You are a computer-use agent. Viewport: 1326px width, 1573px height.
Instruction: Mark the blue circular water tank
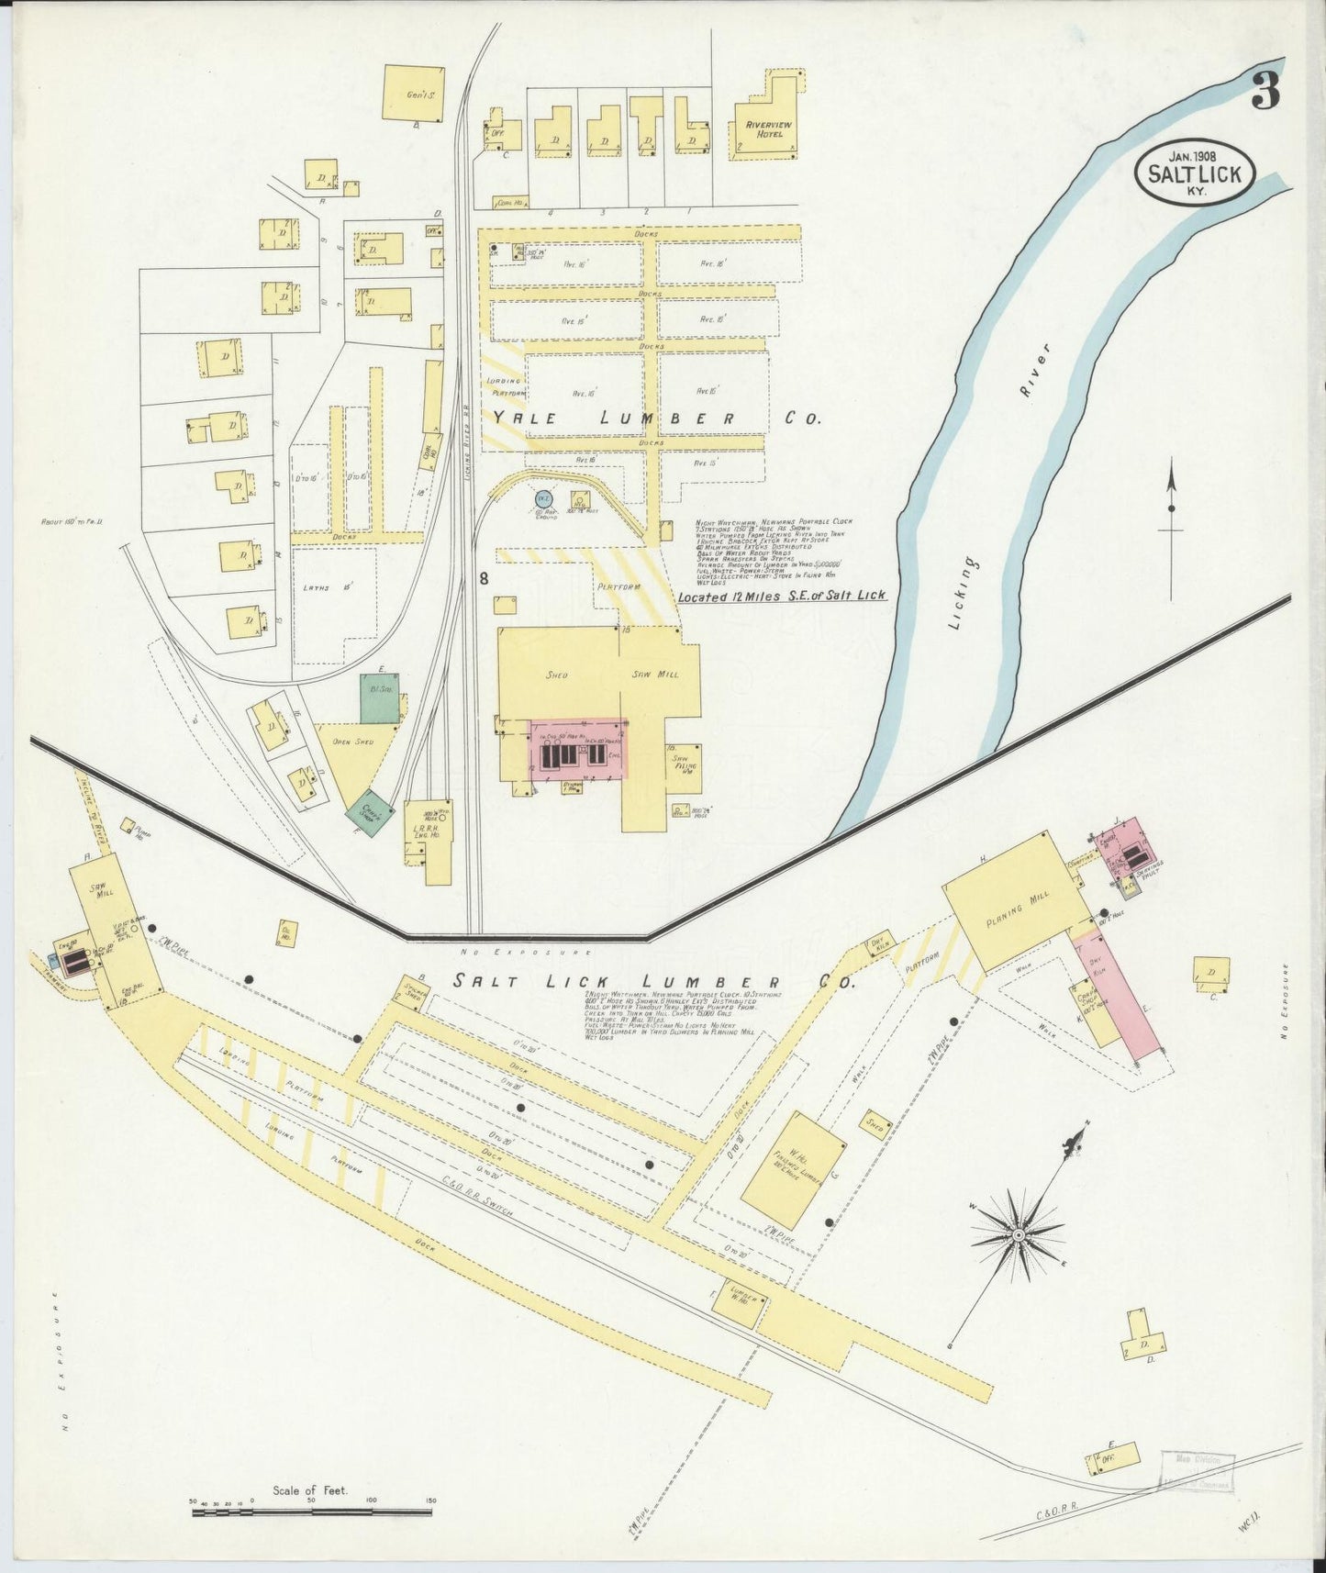pos(544,498)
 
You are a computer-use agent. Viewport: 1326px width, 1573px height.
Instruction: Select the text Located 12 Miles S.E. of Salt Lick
pos(782,596)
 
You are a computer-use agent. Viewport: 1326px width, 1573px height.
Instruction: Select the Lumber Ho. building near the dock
pos(742,1304)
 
